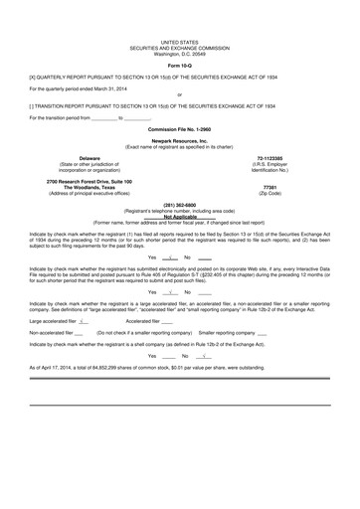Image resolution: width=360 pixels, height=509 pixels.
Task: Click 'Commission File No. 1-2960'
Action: tap(180, 129)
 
